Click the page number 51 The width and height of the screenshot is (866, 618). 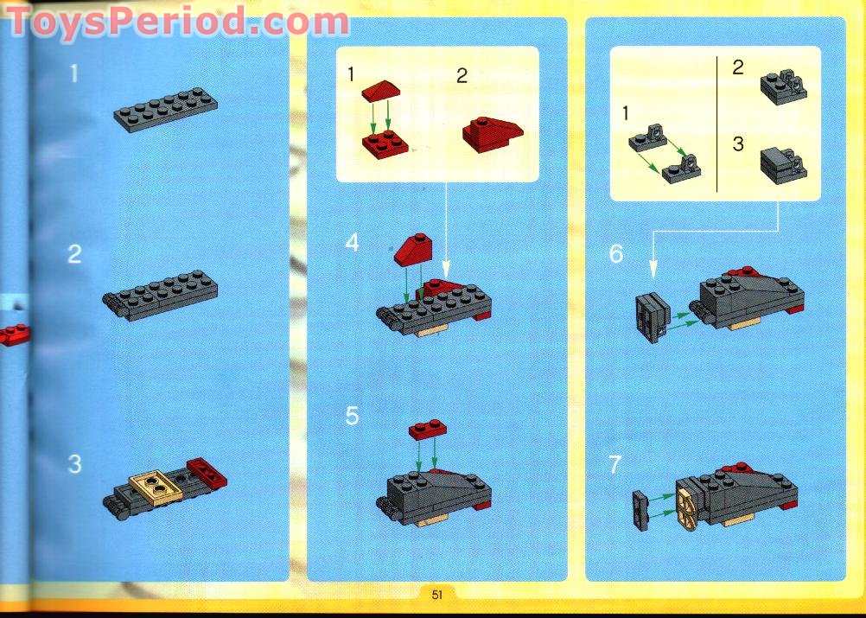pyautogui.click(x=436, y=595)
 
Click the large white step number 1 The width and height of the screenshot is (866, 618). pyautogui.click(x=74, y=73)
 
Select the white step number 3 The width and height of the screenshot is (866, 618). pyautogui.click(x=74, y=464)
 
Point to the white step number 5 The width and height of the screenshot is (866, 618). pyautogui.click(x=352, y=416)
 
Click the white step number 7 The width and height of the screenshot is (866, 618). pyautogui.click(x=614, y=464)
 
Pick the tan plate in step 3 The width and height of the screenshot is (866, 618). pyautogui.click(x=156, y=487)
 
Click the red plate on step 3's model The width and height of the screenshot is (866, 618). pyautogui.click(x=207, y=474)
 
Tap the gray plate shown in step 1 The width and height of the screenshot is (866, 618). pyautogui.click(x=165, y=110)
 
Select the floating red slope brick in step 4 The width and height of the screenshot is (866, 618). pyautogui.click(x=414, y=249)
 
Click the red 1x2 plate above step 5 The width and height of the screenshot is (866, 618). pyautogui.click(x=428, y=430)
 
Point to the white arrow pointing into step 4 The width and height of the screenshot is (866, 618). pyautogui.click(x=446, y=230)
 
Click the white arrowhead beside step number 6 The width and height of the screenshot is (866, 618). pyautogui.click(x=653, y=269)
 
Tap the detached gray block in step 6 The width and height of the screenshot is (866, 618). pyautogui.click(x=653, y=316)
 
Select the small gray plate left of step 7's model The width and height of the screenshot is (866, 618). pyautogui.click(x=640, y=510)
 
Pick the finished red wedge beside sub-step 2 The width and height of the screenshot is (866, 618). pyautogui.click(x=493, y=134)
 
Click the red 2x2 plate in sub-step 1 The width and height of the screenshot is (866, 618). pyautogui.click(x=385, y=144)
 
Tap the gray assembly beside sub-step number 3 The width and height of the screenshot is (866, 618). pyautogui.click(x=783, y=166)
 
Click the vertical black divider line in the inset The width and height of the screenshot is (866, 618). pyautogui.click(x=716, y=124)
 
